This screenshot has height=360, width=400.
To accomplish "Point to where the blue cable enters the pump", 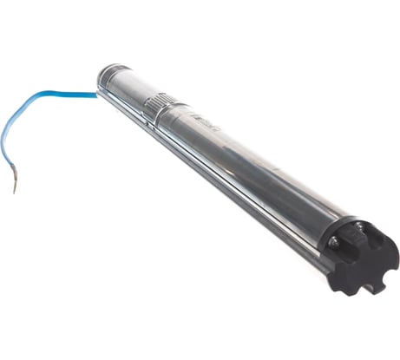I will click(98, 86).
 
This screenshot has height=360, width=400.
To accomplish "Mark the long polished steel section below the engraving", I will click(260, 173).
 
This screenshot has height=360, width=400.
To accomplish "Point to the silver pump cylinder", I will click(234, 156).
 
